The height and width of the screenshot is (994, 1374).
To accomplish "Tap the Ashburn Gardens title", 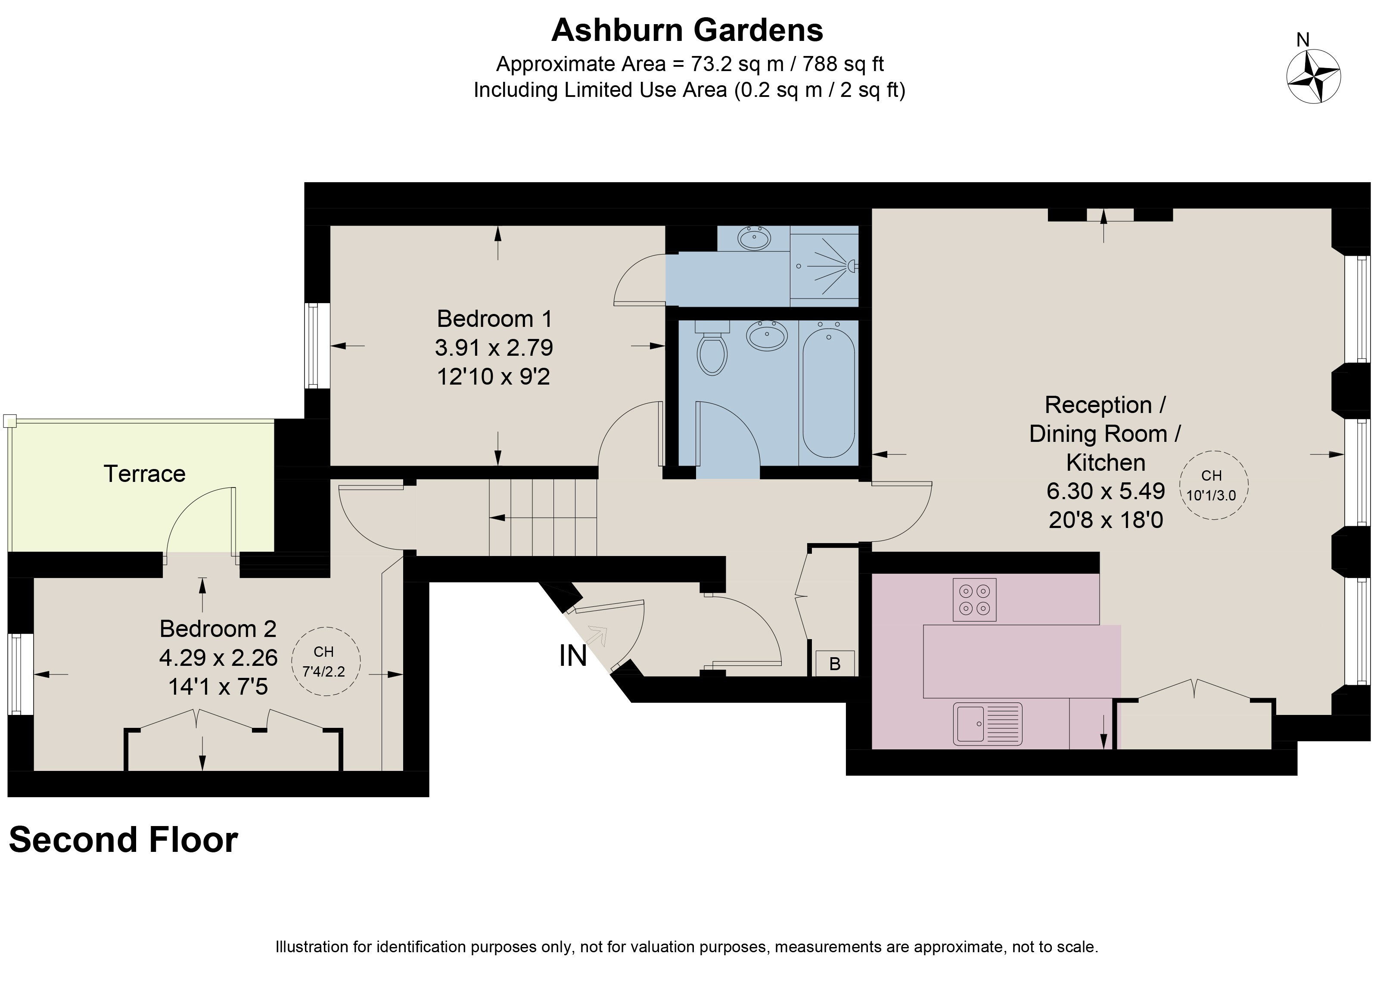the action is point(687,30).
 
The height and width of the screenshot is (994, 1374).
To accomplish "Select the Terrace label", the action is point(144,474).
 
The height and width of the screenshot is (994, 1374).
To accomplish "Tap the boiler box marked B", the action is point(834,663).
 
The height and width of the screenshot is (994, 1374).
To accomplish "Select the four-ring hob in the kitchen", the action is point(974,600).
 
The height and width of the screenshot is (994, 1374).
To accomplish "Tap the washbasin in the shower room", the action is point(754,238).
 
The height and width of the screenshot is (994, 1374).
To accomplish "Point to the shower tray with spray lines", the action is point(824,266).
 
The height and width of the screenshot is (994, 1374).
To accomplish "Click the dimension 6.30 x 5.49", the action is point(1106,491).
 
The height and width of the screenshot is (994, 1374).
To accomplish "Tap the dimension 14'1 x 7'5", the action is point(218,686).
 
